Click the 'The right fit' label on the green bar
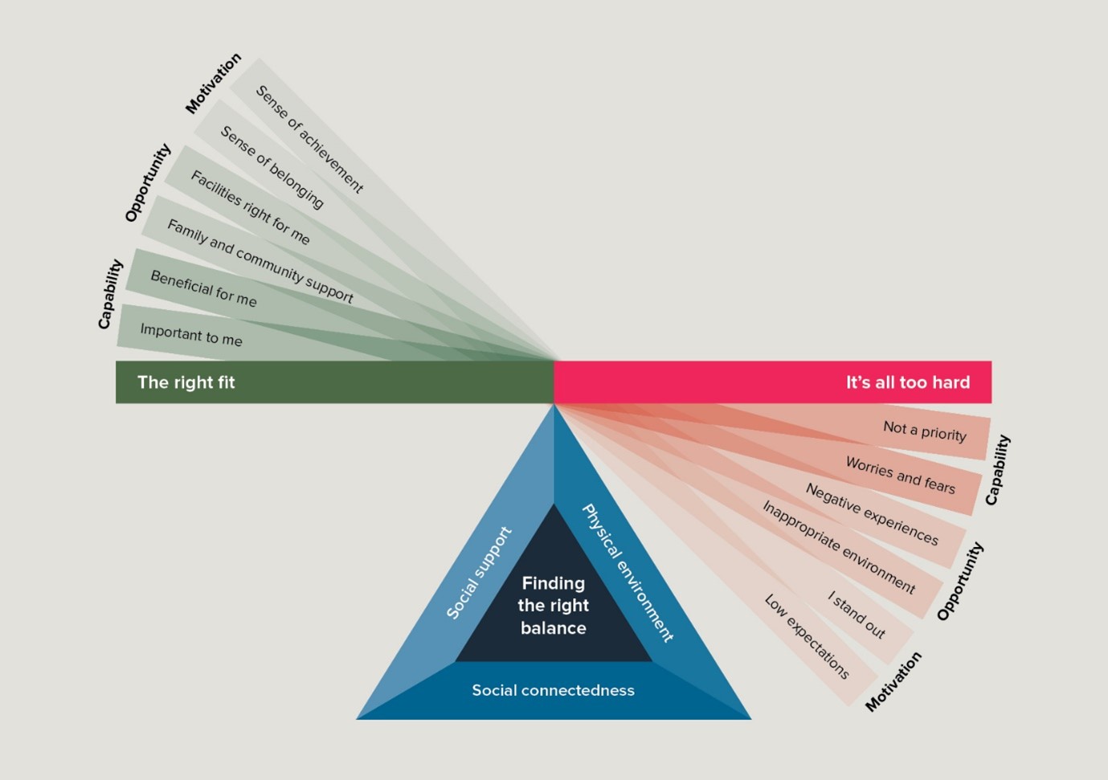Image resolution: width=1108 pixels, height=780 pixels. (186, 382)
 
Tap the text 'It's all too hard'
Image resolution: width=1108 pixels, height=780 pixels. (907, 382)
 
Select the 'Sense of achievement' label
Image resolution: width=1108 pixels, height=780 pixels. (309, 139)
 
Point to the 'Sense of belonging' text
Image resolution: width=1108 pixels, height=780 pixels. (272, 167)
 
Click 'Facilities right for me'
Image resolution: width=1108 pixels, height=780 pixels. (250, 207)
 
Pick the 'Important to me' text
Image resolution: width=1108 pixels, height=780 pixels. (191, 334)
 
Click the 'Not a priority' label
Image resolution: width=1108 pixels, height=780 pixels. (924, 431)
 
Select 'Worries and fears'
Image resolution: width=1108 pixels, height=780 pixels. (900, 475)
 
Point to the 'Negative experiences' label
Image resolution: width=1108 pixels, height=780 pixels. (872, 514)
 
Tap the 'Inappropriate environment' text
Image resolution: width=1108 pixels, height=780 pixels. (838, 546)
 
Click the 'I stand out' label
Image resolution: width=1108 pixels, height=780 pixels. (857, 615)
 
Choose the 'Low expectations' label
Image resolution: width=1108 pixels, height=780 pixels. (806, 636)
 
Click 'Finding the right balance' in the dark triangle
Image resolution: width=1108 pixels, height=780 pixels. (553, 605)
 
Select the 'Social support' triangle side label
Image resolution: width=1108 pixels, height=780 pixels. (479, 573)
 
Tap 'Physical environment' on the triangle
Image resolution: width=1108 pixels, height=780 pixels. (627, 573)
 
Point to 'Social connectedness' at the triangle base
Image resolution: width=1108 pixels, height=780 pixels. (553, 690)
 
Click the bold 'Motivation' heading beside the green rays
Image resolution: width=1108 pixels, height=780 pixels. (213, 84)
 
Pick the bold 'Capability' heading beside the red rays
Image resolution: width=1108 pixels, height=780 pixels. (997, 470)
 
